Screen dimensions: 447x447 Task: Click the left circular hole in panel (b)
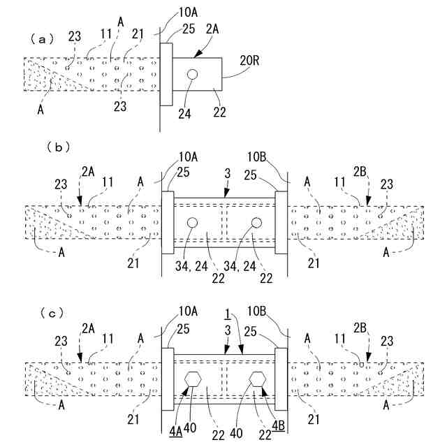pos(193,223)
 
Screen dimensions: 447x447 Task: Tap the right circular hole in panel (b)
pos(256,223)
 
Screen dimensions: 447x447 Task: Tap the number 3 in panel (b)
pos(225,173)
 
